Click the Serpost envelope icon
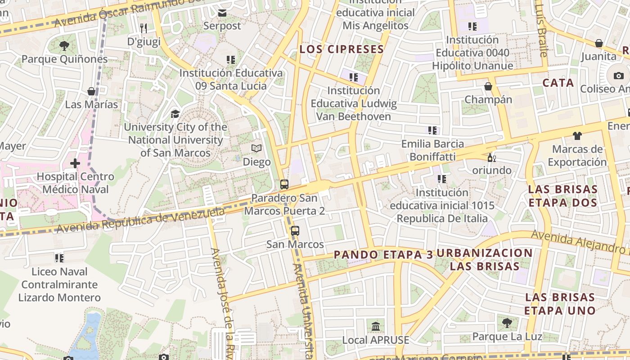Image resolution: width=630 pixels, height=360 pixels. (222, 13)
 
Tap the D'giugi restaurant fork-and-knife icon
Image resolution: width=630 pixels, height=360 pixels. (144, 28)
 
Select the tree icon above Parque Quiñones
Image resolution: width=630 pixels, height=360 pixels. (64, 45)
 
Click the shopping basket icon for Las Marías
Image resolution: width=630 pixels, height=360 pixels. (91, 91)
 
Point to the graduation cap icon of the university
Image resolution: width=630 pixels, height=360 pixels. (175, 114)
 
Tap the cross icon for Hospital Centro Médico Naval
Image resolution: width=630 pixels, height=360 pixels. (75, 163)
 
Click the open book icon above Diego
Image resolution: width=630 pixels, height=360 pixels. (256, 148)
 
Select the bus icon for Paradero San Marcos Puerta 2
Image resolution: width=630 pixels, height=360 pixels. (284, 184)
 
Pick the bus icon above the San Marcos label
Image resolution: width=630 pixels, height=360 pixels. (295, 231)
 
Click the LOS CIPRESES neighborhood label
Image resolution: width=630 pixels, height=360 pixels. (342, 49)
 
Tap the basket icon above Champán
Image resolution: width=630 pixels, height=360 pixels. (488, 86)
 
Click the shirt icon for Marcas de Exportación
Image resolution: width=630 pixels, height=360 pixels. (577, 135)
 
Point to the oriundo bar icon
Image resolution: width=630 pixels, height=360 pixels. (491, 157)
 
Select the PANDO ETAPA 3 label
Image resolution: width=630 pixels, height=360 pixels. (383, 255)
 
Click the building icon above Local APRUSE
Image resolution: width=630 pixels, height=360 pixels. (376, 326)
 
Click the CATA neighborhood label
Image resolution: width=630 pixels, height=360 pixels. (558, 83)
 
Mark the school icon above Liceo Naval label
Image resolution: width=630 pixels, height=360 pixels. (59, 258)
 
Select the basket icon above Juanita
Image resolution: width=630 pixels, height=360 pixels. (598, 43)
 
